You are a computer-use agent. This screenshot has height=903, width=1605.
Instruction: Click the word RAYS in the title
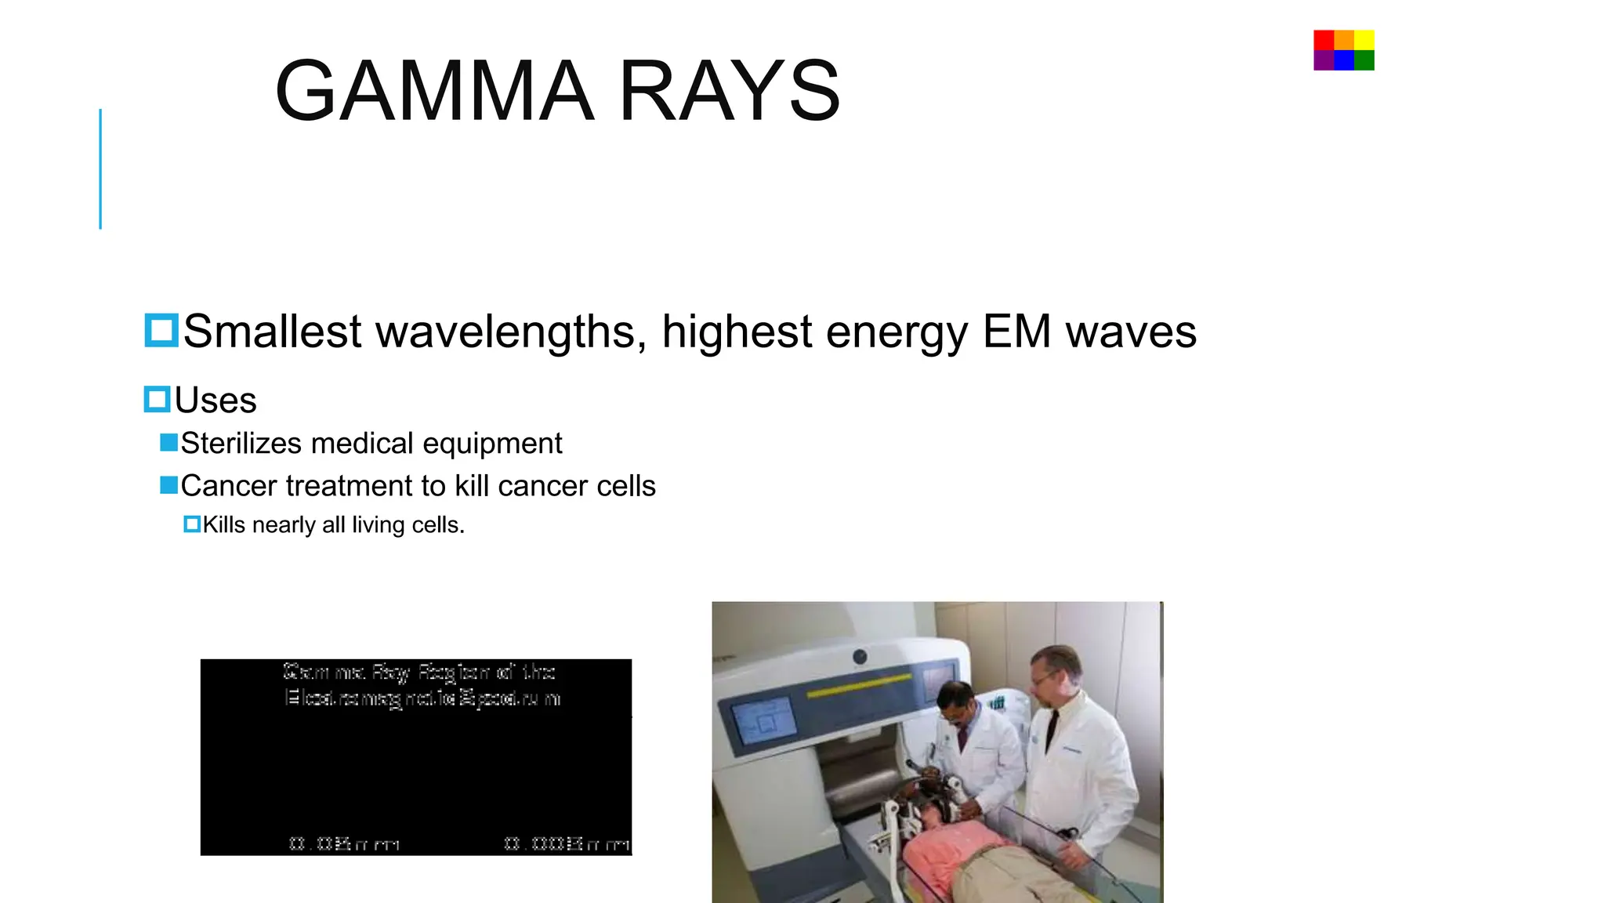[x=729, y=92]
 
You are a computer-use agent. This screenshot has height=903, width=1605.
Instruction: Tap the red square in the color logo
[x=1324, y=40]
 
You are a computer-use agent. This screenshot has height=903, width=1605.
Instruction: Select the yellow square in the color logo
[x=1364, y=40]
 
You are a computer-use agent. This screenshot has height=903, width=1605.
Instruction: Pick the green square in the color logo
[x=1364, y=60]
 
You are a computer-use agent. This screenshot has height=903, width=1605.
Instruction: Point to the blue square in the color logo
[x=1344, y=60]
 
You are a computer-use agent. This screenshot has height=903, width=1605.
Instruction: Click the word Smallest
[x=272, y=331]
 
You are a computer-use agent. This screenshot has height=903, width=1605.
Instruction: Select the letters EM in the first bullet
[x=1016, y=331]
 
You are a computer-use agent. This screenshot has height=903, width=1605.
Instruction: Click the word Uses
[x=216, y=401]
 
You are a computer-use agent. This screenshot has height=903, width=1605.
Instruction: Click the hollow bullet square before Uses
[x=158, y=400]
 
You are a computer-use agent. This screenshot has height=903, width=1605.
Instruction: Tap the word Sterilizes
[x=241, y=444]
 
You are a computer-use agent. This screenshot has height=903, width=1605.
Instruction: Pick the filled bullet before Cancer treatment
[x=168, y=485]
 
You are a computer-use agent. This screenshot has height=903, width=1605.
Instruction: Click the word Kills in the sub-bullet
[x=224, y=524]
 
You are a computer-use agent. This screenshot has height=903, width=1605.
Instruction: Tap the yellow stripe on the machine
[x=858, y=684]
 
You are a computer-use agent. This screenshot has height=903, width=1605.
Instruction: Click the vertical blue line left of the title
[x=100, y=169]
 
